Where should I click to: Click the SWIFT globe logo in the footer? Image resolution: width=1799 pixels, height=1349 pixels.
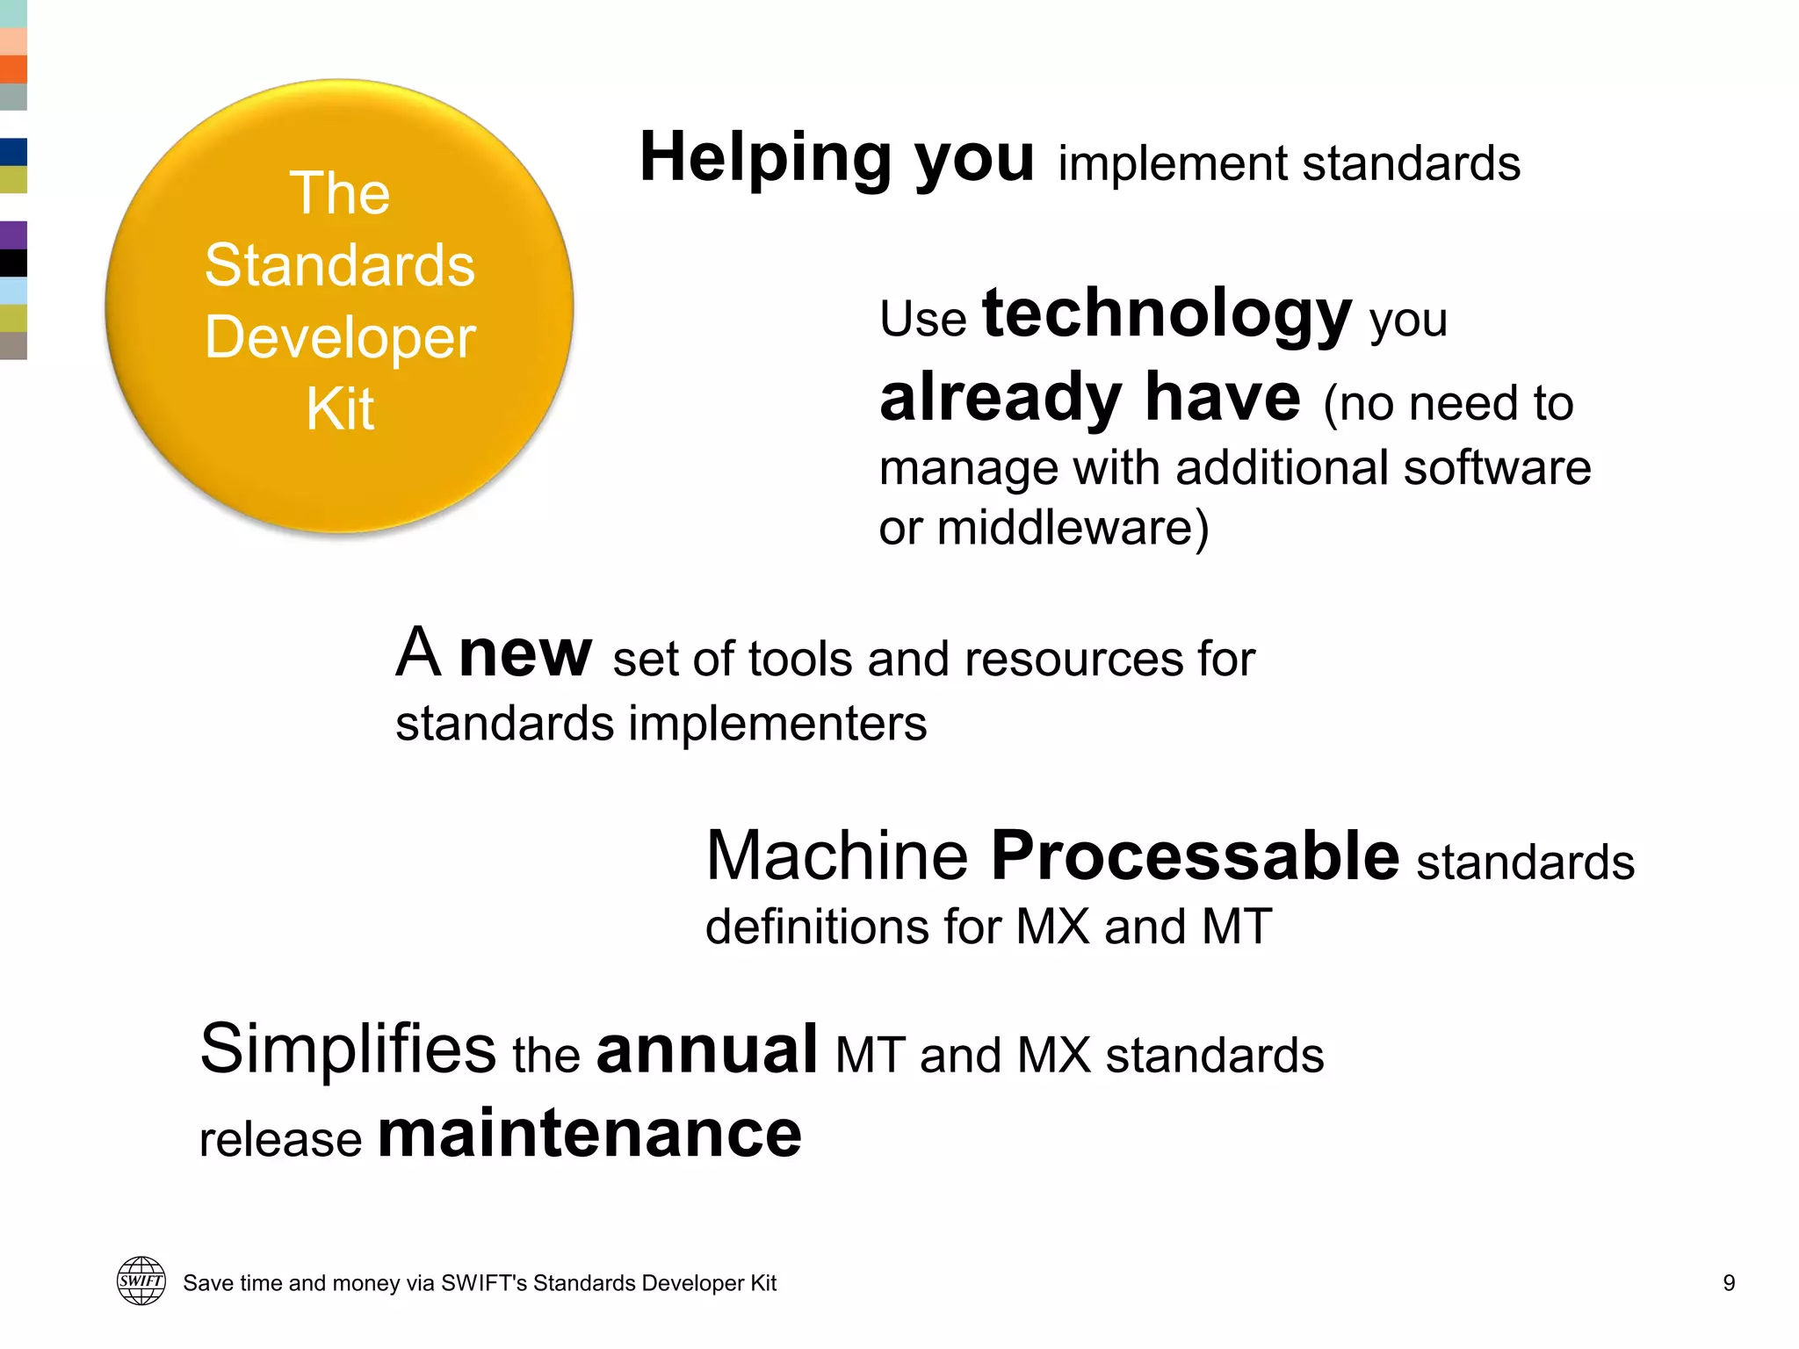[x=141, y=1280]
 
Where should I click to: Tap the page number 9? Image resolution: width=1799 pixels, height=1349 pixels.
[x=1728, y=1283]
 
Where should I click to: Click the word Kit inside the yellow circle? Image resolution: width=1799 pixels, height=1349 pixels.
[x=340, y=409]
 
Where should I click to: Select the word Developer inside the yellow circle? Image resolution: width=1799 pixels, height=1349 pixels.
[x=340, y=338]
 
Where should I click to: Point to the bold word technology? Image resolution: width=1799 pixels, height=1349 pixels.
[x=1167, y=314]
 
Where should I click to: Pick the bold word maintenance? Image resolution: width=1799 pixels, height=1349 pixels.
[x=589, y=1134]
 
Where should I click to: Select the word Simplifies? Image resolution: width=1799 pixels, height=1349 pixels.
[x=348, y=1049]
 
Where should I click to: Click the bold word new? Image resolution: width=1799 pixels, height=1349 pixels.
[x=524, y=653]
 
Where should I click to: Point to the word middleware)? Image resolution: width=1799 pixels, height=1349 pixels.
[x=1073, y=529]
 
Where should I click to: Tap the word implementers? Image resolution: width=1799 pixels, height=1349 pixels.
[x=777, y=724]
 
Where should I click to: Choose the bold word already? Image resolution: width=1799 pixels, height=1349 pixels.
[x=1001, y=398]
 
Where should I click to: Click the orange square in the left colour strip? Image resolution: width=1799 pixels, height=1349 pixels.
[x=13, y=69]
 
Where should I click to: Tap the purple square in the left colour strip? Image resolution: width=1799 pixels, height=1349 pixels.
[x=13, y=235]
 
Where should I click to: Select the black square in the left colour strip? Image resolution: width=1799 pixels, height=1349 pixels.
[x=13, y=263]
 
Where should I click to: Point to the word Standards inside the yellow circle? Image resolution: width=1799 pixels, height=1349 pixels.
[x=340, y=265]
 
